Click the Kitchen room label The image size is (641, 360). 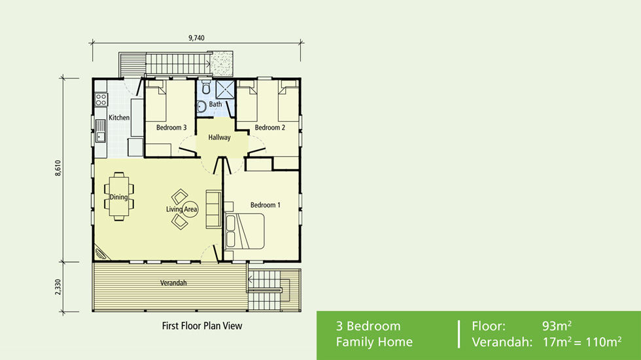[119, 118]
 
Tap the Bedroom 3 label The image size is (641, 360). [171, 128]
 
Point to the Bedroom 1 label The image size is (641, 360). [265, 205]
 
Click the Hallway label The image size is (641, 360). [219, 138]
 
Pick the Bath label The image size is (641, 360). [215, 104]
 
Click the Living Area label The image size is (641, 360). [181, 209]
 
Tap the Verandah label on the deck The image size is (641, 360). [173, 283]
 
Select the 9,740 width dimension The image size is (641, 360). [196, 38]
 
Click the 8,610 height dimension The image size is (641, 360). [58, 169]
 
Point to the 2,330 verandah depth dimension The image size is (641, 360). [58, 287]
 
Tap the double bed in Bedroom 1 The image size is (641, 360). [245, 231]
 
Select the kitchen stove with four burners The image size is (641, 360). [101, 99]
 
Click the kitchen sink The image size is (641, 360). [101, 130]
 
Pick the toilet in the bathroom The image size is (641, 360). [205, 88]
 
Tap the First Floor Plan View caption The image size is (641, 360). [201, 325]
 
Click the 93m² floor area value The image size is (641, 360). [557, 326]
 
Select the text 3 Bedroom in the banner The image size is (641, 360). [368, 326]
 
